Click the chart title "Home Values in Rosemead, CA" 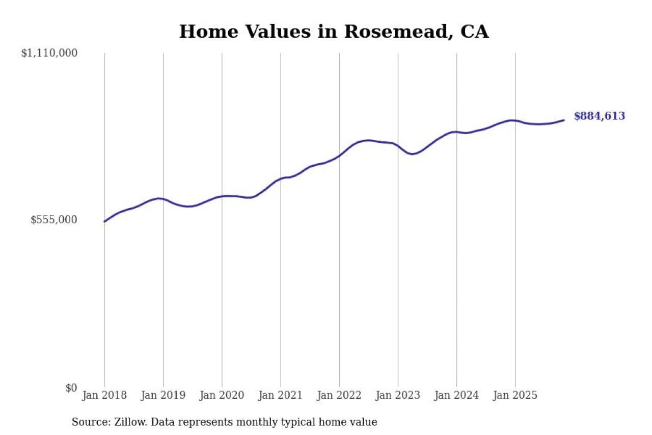pyautogui.click(x=334, y=32)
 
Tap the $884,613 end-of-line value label pyautogui.click(x=599, y=116)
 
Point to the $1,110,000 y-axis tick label pyautogui.click(x=49, y=53)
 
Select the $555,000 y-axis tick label pyautogui.click(x=54, y=220)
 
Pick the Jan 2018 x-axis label pyautogui.click(x=104, y=396)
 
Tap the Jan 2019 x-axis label pyautogui.click(x=163, y=396)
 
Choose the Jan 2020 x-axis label pyautogui.click(x=222, y=396)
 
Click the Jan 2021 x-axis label pyautogui.click(x=280, y=396)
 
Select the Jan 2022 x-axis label pyautogui.click(x=339, y=396)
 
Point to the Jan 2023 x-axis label pyautogui.click(x=398, y=396)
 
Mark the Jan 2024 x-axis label pyautogui.click(x=456, y=396)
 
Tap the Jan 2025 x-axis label pyautogui.click(x=515, y=396)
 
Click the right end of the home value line pyautogui.click(x=564, y=120)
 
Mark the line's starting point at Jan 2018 pyautogui.click(x=104, y=221)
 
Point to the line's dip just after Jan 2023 pyautogui.click(x=412, y=153)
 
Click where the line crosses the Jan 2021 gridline pyautogui.click(x=281, y=178)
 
